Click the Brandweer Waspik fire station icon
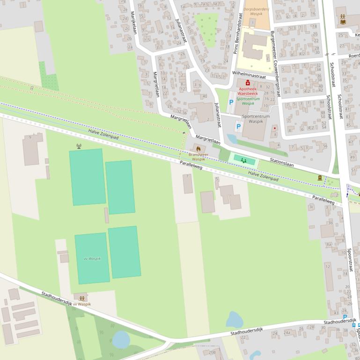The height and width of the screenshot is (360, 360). (198, 148)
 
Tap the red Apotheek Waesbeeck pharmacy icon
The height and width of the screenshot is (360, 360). (248, 83)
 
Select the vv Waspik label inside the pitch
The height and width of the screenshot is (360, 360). (92, 259)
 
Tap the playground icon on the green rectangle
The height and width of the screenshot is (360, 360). (244, 160)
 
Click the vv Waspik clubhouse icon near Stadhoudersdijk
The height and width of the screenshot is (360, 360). (82, 298)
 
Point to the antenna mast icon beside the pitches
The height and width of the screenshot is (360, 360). (79, 146)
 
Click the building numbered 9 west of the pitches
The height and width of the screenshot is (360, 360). (32, 150)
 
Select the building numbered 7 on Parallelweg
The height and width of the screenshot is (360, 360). (187, 184)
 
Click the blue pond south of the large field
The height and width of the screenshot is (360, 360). (234, 320)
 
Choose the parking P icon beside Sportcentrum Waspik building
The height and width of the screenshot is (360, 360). (238, 126)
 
